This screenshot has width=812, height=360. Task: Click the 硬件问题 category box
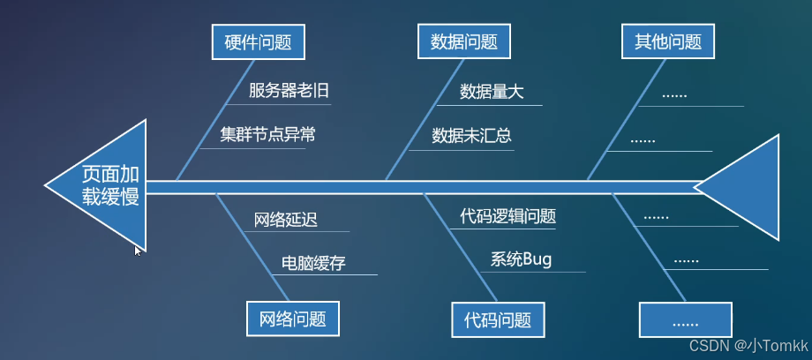pyautogui.click(x=258, y=41)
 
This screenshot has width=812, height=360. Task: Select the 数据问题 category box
pyautogui.click(x=464, y=41)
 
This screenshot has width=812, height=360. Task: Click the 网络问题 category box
pyautogui.click(x=293, y=319)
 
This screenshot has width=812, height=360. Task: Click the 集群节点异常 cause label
pyautogui.click(x=267, y=135)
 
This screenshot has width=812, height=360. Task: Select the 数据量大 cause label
pyautogui.click(x=492, y=92)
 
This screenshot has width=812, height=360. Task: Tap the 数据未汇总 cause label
pyautogui.click(x=471, y=136)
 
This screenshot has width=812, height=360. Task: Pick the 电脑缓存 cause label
pyautogui.click(x=313, y=263)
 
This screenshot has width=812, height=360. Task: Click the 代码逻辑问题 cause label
pyautogui.click(x=507, y=216)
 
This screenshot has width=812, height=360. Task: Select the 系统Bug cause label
pyautogui.click(x=520, y=259)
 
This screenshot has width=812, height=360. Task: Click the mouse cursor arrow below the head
pyautogui.click(x=137, y=251)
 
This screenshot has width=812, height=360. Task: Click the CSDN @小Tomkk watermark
pyautogui.click(x=748, y=345)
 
